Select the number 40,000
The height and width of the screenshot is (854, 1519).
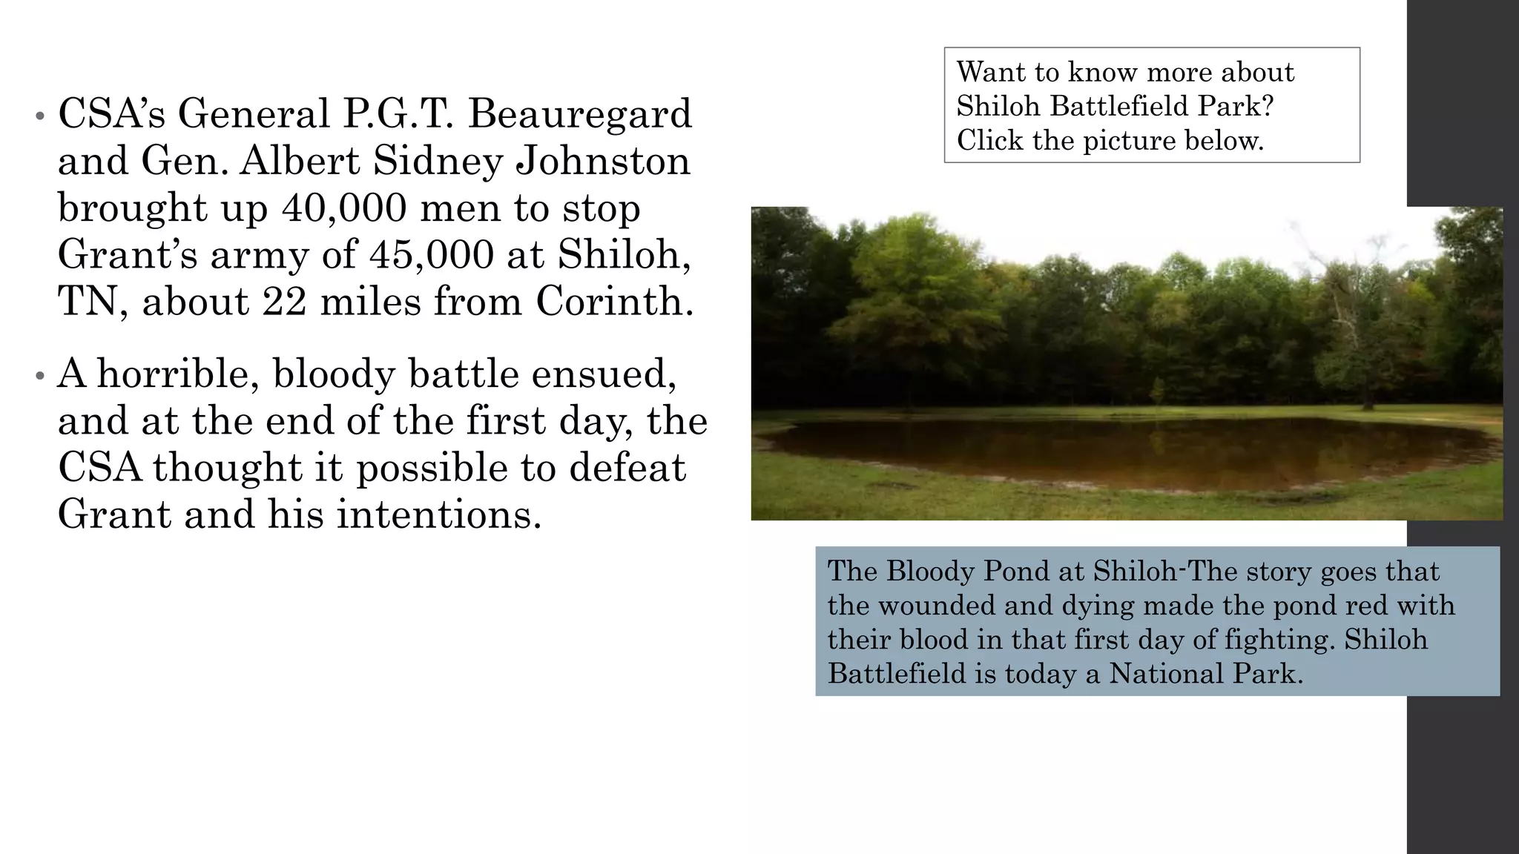(x=344, y=208)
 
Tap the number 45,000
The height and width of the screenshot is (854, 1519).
(x=431, y=255)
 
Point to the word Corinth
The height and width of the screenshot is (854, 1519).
(x=614, y=302)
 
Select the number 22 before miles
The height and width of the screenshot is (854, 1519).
(x=284, y=302)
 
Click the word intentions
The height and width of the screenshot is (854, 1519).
(x=439, y=514)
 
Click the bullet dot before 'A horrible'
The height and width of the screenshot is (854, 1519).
(x=39, y=376)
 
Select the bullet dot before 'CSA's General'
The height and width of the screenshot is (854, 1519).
(x=39, y=117)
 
